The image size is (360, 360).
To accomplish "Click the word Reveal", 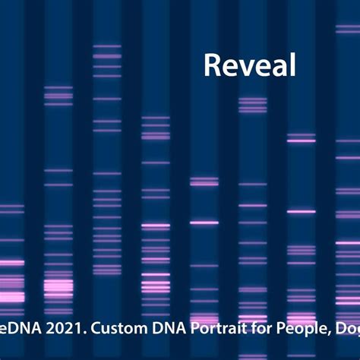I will (x=249, y=65).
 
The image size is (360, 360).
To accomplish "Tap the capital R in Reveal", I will (x=212, y=65).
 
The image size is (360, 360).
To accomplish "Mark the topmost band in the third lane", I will (x=106, y=46).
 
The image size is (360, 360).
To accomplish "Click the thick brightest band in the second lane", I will (x=58, y=287).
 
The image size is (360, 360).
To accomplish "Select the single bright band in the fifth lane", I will (x=204, y=223).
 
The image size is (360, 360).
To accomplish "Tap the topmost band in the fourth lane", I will (x=155, y=118).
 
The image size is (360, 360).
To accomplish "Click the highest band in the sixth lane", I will (x=252, y=99).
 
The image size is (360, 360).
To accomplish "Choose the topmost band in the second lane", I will (x=58, y=87).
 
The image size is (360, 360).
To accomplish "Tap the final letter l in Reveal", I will (x=292, y=65).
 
